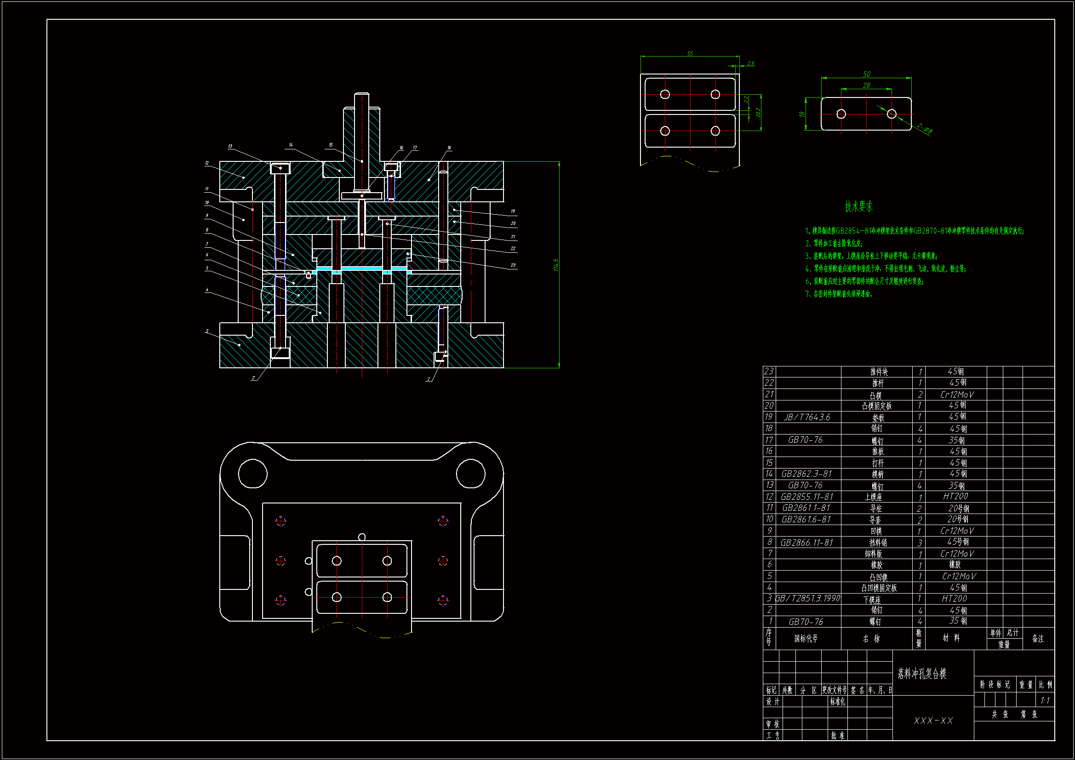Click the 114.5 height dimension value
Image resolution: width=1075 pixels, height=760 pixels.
point(556,264)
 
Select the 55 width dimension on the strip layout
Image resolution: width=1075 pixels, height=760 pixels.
point(690,53)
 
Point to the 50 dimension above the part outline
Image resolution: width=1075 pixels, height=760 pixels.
point(866,74)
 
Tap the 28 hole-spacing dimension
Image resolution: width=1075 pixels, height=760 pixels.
point(866,85)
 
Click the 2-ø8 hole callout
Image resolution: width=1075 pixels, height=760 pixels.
point(924,128)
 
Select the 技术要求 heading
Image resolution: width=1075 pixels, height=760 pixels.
point(858,206)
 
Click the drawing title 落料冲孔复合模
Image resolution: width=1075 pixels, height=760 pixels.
point(922,674)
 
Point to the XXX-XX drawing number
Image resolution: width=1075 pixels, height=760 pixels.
point(933,720)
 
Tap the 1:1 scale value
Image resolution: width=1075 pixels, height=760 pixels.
point(1045,701)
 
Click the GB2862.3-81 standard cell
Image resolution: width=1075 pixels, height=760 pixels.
point(806,474)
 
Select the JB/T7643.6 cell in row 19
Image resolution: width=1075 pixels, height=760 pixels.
point(807,417)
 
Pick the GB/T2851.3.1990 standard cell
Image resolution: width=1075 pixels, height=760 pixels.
point(808,599)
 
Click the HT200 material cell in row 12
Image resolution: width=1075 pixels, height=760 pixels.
point(955,497)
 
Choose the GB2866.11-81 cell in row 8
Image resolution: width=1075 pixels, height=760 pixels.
point(807,542)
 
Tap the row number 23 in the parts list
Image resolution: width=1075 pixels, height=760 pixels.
point(769,371)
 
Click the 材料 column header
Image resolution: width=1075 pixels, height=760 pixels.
point(951,638)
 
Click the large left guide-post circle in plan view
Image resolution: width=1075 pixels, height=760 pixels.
point(253,474)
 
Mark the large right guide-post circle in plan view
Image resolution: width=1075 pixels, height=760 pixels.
point(470,474)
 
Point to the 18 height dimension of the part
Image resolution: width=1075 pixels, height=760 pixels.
point(802,114)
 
